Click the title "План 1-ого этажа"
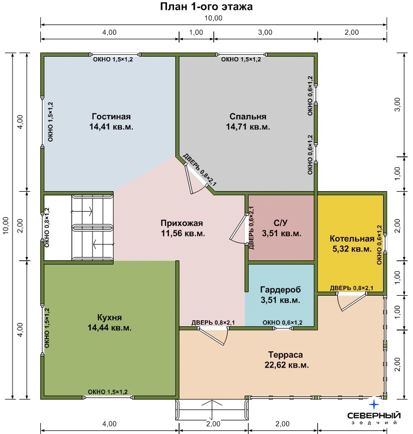tap(206, 7)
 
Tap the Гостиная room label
tap(111, 117)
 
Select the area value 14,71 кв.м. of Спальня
tap(248, 127)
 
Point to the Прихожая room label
tap(182, 223)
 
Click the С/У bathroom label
tap(280, 223)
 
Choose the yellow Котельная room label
tap(352, 239)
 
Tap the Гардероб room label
tap(280, 290)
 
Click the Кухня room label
tap(109, 317)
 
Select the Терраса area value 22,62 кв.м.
tap(287, 365)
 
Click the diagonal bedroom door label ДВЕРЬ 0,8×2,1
tap(200, 170)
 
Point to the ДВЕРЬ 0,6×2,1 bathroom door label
tap(251, 228)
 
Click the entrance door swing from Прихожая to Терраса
tap(213, 336)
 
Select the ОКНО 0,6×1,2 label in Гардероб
tap(282, 322)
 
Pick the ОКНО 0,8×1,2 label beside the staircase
tap(47, 228)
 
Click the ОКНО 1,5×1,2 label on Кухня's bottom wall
tap(108, 392)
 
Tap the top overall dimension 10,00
tap(213, 19)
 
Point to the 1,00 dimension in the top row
tap(196, 32)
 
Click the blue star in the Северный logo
tap(374, 405)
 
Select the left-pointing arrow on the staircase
tap(103, 244)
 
